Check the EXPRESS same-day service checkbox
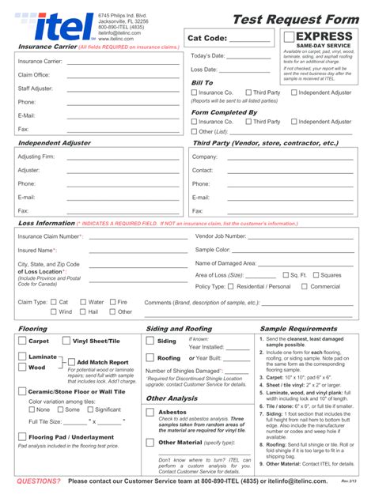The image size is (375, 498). pyautogui.click(x=289, y=37)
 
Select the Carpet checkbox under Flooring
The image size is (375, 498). pyautogui.click(x=21, y=341)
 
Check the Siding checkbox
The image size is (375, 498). pyautogui.click(x=150, y=341)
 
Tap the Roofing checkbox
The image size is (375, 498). pyautogui.click(x=150, y=358)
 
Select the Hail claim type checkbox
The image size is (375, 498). pyautogui.click(x=81, y=311)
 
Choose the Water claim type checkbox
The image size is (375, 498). pyautogui.click(x=81, y=301)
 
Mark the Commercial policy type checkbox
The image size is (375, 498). pyautogui.click(x=304, y=286)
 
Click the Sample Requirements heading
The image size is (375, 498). pyautogui.click(x=298, y=329)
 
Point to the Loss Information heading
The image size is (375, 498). pyautogui.click(x=46, y=224)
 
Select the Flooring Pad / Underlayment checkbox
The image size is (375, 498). pyautogui.click(x=21, y=436)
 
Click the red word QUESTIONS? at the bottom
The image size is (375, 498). pyautogui.click(x=39, y=481)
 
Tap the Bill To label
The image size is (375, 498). pyautogui.click(x=202, y=82)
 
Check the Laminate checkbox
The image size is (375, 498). pyautogui.click(x=21, y=357)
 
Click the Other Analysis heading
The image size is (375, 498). pyautogui.click(x=172, y=398)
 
